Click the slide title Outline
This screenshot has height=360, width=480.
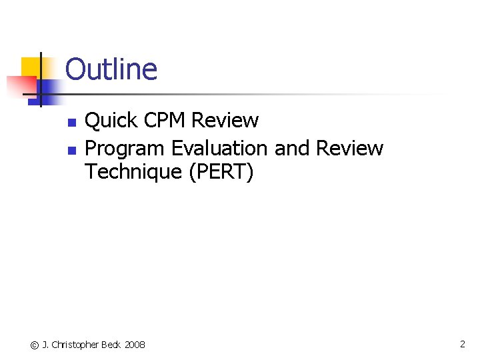pos(111,69)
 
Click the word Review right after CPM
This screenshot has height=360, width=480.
pos(225,121)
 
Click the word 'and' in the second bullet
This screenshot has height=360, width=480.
pos(291,147)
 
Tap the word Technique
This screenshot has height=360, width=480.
pos(133,172)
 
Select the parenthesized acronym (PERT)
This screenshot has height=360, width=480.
pos(221,172)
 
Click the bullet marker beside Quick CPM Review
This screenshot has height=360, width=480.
pos(71,123)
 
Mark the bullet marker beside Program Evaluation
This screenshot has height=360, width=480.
pos(71,149)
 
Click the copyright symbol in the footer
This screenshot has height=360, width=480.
pos(35,345)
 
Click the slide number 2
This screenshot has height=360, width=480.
pos(462,344)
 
